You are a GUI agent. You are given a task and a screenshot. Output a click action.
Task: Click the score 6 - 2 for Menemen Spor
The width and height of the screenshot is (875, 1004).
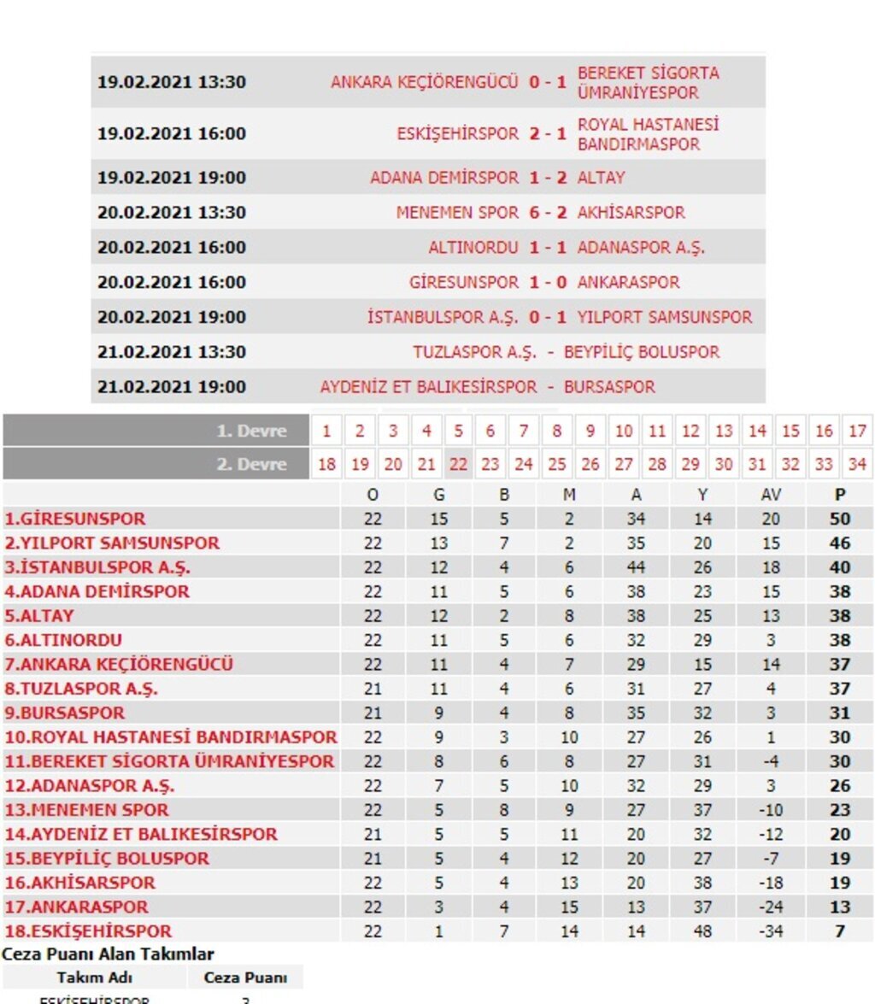pos(548,213)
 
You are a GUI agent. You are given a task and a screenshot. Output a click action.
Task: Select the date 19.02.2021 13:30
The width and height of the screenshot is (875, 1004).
pos(172,83)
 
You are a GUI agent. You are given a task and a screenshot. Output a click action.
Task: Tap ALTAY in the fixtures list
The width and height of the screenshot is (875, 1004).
pos(601,178)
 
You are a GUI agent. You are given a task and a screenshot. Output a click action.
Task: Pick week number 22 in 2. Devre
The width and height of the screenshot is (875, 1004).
pos(459,464)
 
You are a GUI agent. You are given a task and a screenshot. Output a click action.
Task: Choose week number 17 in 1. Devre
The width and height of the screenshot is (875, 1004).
pos(857,431)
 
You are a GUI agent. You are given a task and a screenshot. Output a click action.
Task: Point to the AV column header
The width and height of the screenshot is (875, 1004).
pos(771,494)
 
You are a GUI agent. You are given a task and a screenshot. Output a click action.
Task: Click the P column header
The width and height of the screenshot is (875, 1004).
pos(841,494)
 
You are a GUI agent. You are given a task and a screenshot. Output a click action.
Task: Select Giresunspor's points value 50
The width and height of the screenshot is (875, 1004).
pos(841,519)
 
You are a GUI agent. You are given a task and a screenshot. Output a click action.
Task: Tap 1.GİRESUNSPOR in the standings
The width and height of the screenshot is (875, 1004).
pos(75,519)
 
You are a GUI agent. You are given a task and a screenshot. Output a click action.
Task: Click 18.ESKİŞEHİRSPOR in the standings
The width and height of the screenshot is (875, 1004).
pos(88,931)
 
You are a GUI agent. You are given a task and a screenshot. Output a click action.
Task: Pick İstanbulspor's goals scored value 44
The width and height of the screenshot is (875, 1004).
pos(636,567)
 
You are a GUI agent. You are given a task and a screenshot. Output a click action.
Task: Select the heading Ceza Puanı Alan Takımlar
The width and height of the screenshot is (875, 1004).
pos(108,954)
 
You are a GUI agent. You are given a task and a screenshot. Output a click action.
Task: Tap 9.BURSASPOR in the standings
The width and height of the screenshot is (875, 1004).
pos(65,713)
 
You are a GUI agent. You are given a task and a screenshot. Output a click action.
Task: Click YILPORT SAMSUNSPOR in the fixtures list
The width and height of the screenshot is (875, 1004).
pos(665,317)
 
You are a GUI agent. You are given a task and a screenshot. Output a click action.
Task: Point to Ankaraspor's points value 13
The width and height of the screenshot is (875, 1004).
pos(841,907)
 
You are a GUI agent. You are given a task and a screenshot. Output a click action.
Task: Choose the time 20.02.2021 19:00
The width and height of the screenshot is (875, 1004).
pos(172,317)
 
